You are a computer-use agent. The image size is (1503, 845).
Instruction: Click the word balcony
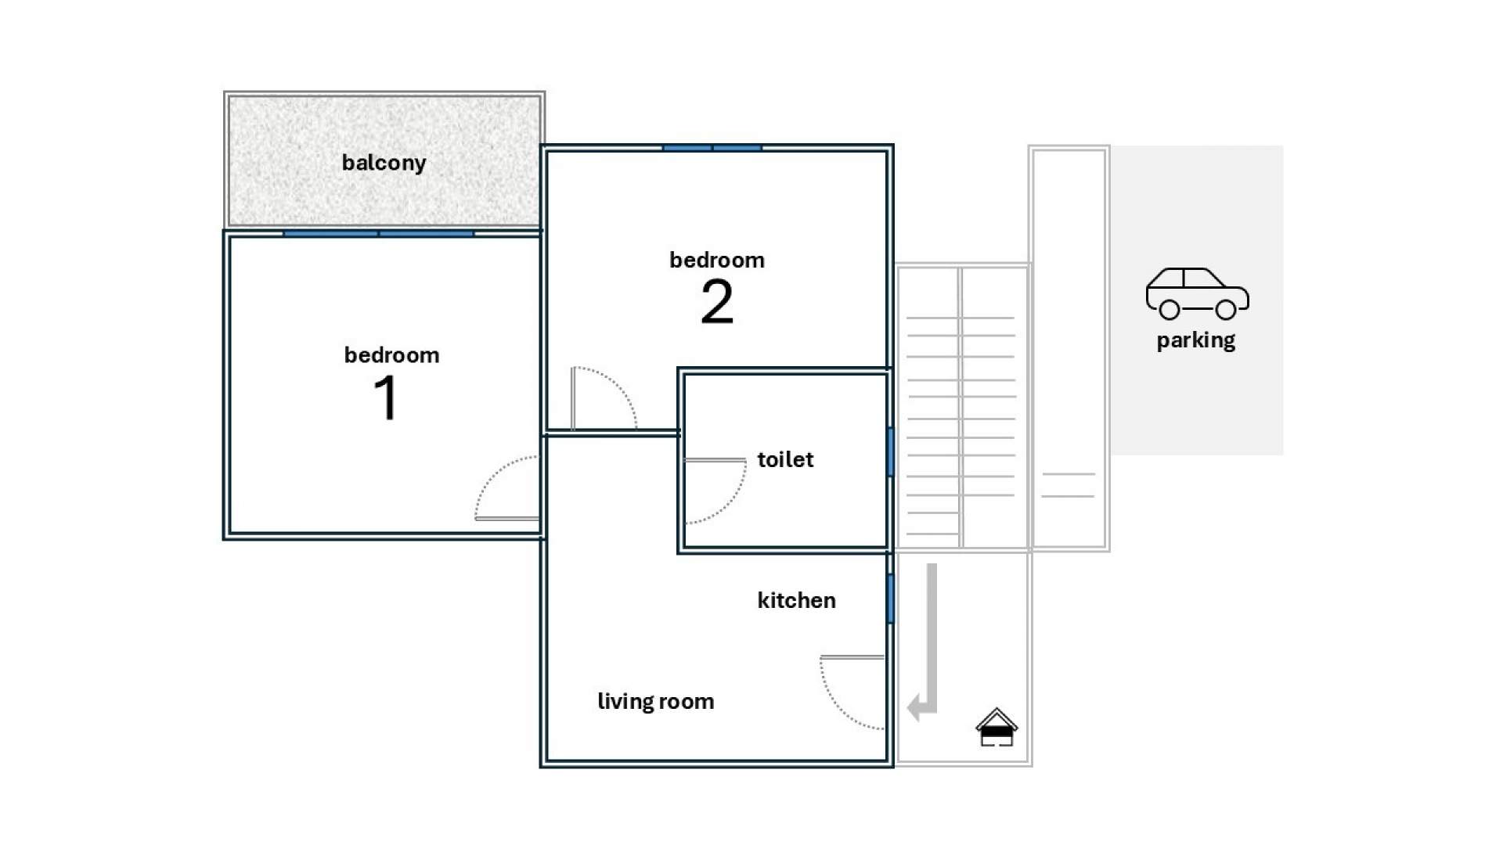coord(384,163)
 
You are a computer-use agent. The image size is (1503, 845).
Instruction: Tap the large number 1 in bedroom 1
coord(386,397)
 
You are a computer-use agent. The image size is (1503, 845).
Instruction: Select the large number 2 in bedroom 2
coord(717,302)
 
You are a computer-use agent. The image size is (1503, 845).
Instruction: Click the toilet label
coord(785,459)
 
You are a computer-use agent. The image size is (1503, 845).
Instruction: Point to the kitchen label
coord(796,600)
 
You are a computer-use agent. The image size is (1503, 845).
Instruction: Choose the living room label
coord(656,701)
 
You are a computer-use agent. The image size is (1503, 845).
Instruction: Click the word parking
coord(1196,340)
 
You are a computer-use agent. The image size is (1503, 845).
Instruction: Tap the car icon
coord(1198,293)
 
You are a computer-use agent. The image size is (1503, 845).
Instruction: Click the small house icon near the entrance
coord(997,727)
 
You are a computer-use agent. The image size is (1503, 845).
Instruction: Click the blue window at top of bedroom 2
coord(712,148)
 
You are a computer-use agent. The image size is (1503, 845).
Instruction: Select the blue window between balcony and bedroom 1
coord(379,233)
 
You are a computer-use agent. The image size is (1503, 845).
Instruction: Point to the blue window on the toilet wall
coord(890,451)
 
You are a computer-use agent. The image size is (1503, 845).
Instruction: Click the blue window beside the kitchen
coord(890,599)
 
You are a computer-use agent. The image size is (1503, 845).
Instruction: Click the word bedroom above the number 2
coord(717,260)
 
